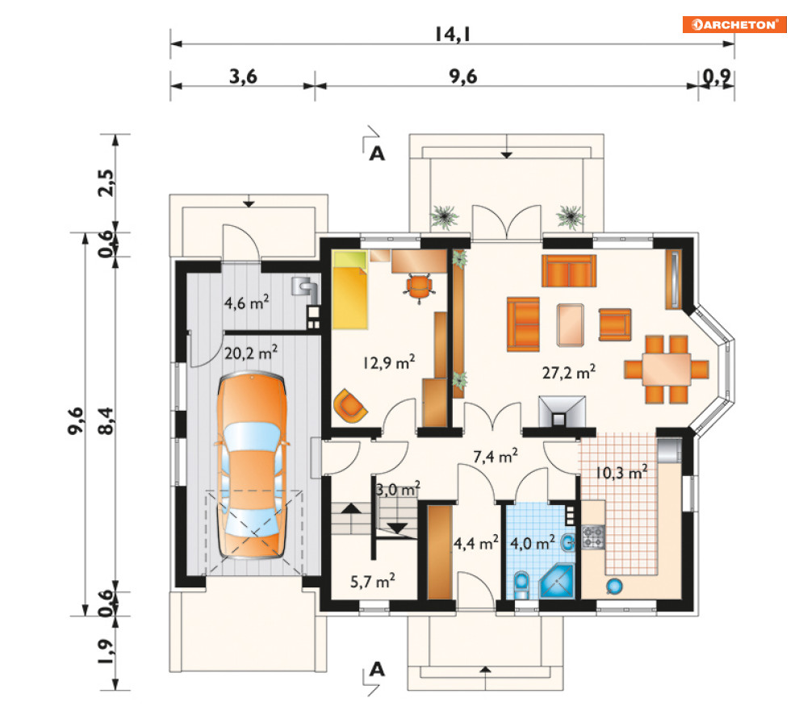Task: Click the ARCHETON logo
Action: tap(734, 24)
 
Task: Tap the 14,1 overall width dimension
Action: tap(453, 35)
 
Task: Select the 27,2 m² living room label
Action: tap(568, 372)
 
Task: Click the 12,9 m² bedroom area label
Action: tap(389, 362)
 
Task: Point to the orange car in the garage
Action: tap(252, 466)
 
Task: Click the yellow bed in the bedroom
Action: tap(349, 290)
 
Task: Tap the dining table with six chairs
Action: tap(667, 370)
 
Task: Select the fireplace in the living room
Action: tap(562, 412)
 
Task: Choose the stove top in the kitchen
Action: tap(593, 537)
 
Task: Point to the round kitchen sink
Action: tap(614, 585)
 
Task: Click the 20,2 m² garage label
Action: tap(251, 353)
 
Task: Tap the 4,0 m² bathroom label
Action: tap(532, 543)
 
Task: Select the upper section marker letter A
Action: tap(377, 153)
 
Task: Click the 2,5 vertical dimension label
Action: tap(107, 183)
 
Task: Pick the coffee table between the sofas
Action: tap(570, 324)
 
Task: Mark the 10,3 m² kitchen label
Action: tap(621, 473)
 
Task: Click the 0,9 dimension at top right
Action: tap(717, 77)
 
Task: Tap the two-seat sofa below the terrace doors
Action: tap(569, 271)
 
